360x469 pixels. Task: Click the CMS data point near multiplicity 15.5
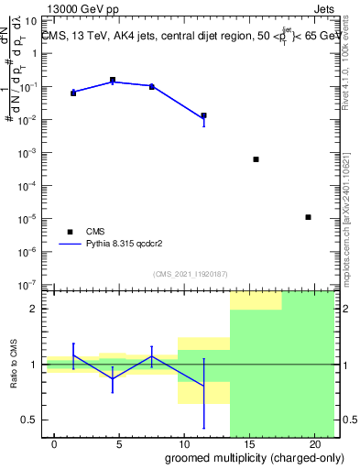point(256,159)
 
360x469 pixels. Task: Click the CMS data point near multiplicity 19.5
point(308,217)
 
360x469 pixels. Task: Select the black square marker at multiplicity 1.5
point(73,93)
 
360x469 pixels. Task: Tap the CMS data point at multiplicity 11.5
point(203,116)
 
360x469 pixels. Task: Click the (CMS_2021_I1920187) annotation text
point(190,273)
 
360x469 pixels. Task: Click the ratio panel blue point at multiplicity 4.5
point(113,378)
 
